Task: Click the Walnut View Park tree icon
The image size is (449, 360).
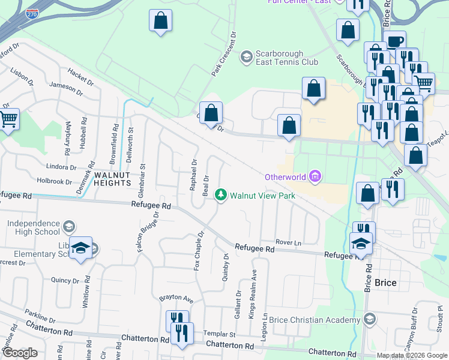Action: click(221, 195)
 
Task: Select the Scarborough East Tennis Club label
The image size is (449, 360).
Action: click(279, 57)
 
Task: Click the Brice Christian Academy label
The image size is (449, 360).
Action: click(315, 320)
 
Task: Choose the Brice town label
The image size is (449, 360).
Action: click(385, 283)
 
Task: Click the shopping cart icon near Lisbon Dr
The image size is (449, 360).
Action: click(8, 119)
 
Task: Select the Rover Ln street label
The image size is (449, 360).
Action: click(288, 242)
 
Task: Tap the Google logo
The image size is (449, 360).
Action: click(20, 353)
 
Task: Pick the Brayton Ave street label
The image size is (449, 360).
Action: click(176, 298)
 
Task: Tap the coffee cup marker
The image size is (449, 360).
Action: click(395, 41)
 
